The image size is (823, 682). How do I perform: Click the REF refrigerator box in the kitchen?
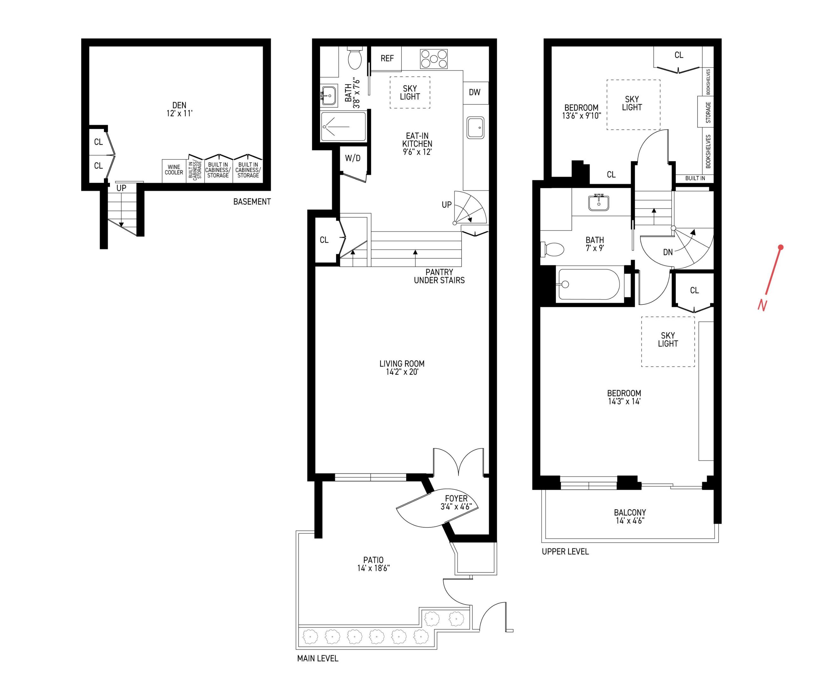coord(386,58)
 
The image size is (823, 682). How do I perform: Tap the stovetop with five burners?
coord(433,59)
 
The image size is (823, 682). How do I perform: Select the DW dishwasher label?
coord(475,93)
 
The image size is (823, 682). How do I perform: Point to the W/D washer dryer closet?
coord(353,158)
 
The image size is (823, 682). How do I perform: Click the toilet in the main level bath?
coord(355,59)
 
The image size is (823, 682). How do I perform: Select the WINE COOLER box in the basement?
coord(174,170)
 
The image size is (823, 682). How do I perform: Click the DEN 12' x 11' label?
coord(179,109)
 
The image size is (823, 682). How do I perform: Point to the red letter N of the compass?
coord(762,305)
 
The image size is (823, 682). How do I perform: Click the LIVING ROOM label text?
coord(402,368)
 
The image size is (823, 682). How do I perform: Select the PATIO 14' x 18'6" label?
coord(373,564)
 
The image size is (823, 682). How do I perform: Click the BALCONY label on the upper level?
coord(630,516)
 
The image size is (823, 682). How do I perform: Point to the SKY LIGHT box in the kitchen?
coord(409,93)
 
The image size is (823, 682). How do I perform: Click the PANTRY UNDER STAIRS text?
coord(439,276)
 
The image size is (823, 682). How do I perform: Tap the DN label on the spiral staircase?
coord(668,252)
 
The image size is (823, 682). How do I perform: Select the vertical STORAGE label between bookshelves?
coord(708,112)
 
